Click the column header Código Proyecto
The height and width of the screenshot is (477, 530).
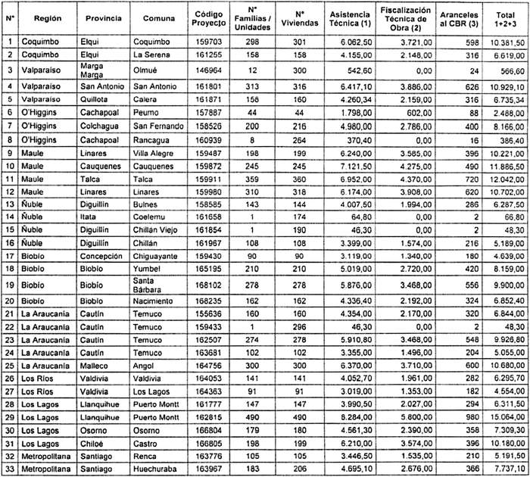208,19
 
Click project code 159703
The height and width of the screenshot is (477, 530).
207,42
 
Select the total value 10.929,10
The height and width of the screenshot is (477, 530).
507,88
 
